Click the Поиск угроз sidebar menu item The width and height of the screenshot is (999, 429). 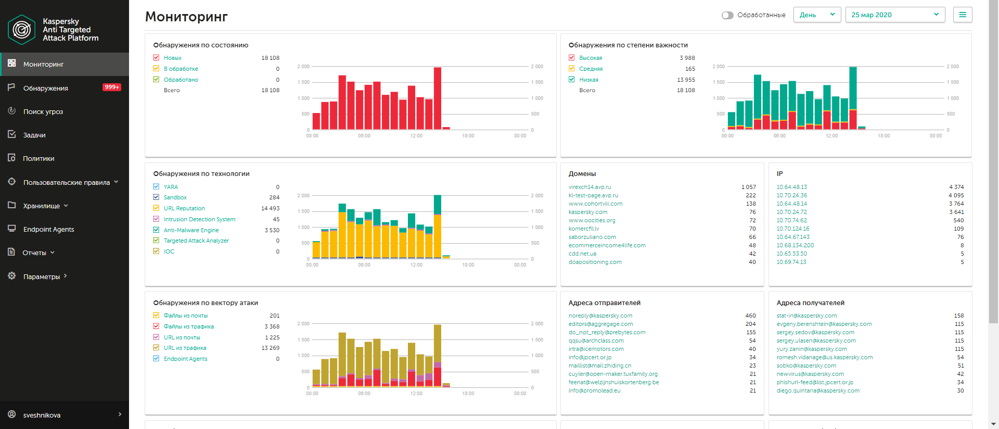(x=43, y=111)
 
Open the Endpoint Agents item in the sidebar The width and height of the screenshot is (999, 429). (x=48, y=229)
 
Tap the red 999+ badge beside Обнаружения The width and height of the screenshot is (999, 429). (x=112, y=87)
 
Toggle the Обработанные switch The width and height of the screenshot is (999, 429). (x=727, y=15)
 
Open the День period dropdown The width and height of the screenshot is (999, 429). (x=817, y=15)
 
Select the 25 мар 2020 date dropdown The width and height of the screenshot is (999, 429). (x=895, y=15)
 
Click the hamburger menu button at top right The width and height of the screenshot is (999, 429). (x=963, y=15)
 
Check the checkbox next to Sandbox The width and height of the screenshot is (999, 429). (x=156, y=197)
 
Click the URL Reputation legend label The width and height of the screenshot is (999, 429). (x=184, y=208)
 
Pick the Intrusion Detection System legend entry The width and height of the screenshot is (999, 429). (x=199, y=219)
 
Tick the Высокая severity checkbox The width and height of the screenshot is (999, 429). (x=572, y=58)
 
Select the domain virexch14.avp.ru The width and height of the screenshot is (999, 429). (x=590, y=187)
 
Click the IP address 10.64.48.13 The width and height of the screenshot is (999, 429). (x=791, y=187)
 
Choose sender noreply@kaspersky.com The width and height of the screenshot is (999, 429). (x=600, y=316)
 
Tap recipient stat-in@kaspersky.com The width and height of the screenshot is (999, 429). (x=806, y=316)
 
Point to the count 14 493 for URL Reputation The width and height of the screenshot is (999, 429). (x=270, y=208)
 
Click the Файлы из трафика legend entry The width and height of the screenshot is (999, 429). (x=188, y=326)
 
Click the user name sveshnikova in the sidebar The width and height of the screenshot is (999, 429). (x=42, y=415)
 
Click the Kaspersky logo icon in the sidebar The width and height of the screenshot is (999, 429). (x=21, y=30)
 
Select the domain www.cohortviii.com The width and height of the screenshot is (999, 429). (x=595, y=204)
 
